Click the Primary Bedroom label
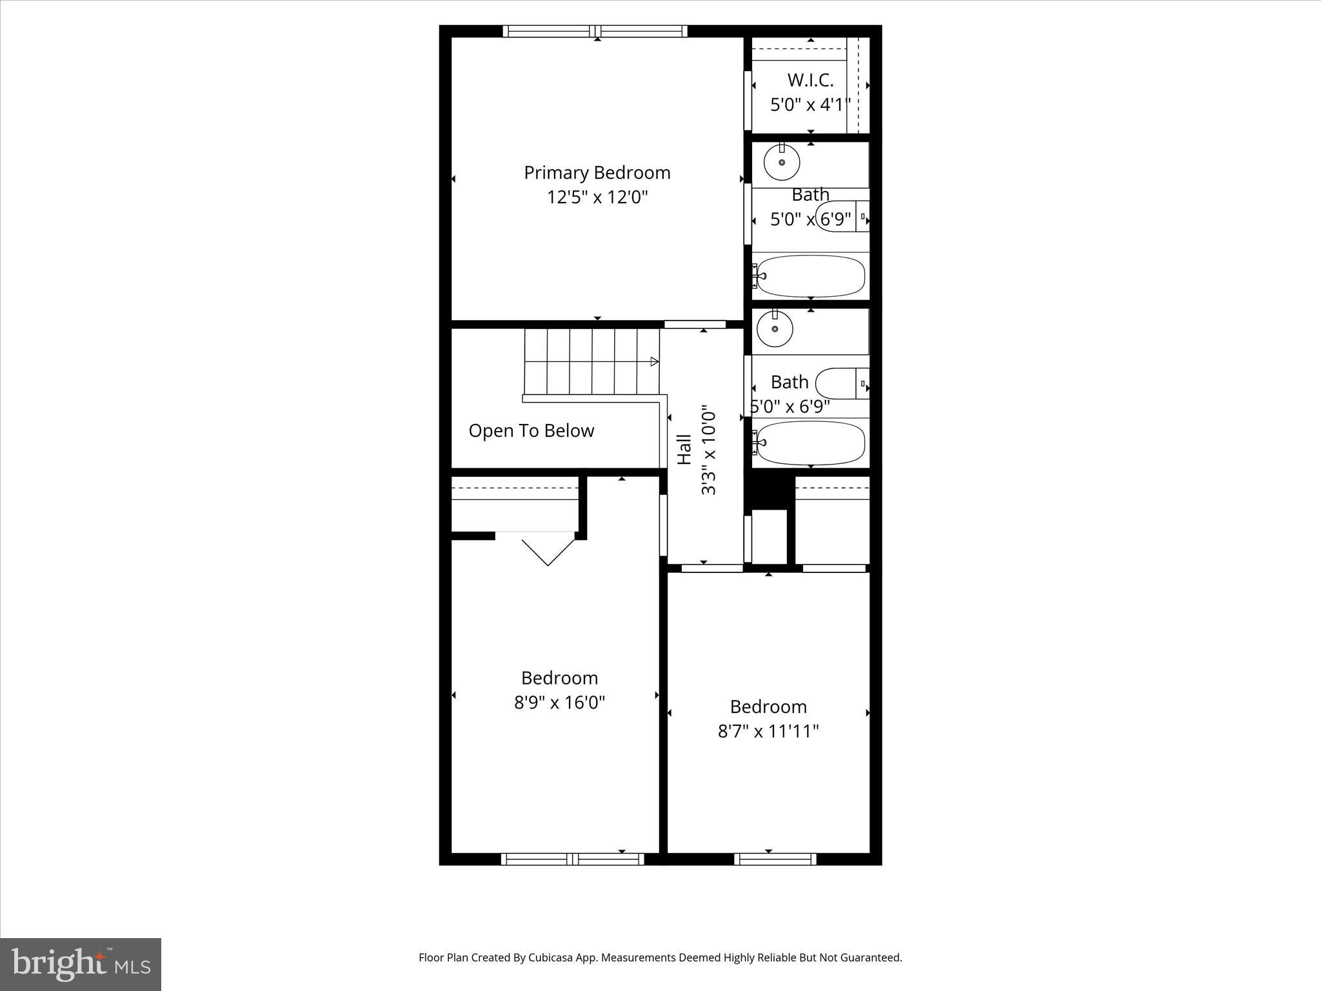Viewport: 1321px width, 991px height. tap(597, 173)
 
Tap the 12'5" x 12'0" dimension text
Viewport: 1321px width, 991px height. tap(597, 197)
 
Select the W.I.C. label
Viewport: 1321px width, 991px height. tap(810, 81)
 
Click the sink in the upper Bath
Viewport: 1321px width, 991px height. tap(782, 163)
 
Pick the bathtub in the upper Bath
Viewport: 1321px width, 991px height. tap(810, 275)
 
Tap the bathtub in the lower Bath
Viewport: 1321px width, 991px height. tap(810, 443)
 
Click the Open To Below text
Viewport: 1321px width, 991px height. tap(531, 431)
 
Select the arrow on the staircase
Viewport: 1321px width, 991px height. tap(654, 361)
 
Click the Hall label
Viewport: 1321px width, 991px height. tap(684, 450)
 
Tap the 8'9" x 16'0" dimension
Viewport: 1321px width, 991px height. tap(559, 703)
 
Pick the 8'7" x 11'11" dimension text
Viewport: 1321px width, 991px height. tap(768, 731)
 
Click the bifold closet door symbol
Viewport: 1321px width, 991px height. tap(547, 549)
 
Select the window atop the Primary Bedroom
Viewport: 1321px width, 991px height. tap(595, 31)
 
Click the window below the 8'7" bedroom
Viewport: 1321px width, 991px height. tap(775, 859)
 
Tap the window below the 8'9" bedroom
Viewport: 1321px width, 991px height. tap(572, 859)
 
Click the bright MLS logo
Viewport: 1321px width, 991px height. tap(81, 965)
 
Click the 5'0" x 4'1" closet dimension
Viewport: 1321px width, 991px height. tap(810, 105)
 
